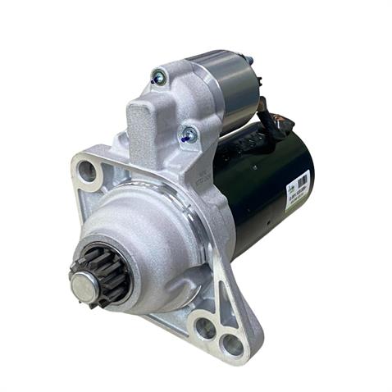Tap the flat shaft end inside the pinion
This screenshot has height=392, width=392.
click(x=85, y=286)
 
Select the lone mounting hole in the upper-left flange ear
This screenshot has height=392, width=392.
click(x=86, y=171)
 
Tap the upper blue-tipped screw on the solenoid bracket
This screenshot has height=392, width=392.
click(x=159, y=78)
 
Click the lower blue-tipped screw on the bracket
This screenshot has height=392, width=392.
click(x=189, y=133)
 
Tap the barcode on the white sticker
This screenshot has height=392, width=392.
click(x=303, y=181)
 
